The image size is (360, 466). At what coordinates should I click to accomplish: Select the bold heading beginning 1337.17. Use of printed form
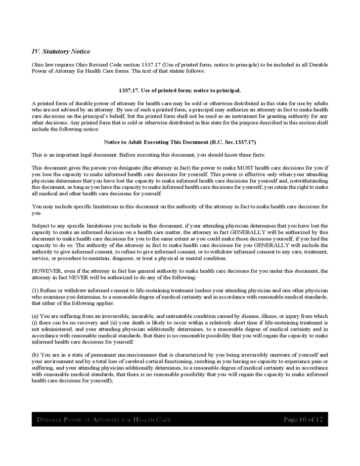click(x=180, y=90)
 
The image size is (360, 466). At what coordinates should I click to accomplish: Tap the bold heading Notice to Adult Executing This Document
click(x=180, y=142)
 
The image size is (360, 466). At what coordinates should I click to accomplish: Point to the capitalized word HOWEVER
click(x=46, y=270)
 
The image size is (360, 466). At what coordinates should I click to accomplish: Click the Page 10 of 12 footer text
click(x=303, y=420)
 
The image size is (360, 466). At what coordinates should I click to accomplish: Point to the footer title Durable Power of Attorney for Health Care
click(x=104, y=420)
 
